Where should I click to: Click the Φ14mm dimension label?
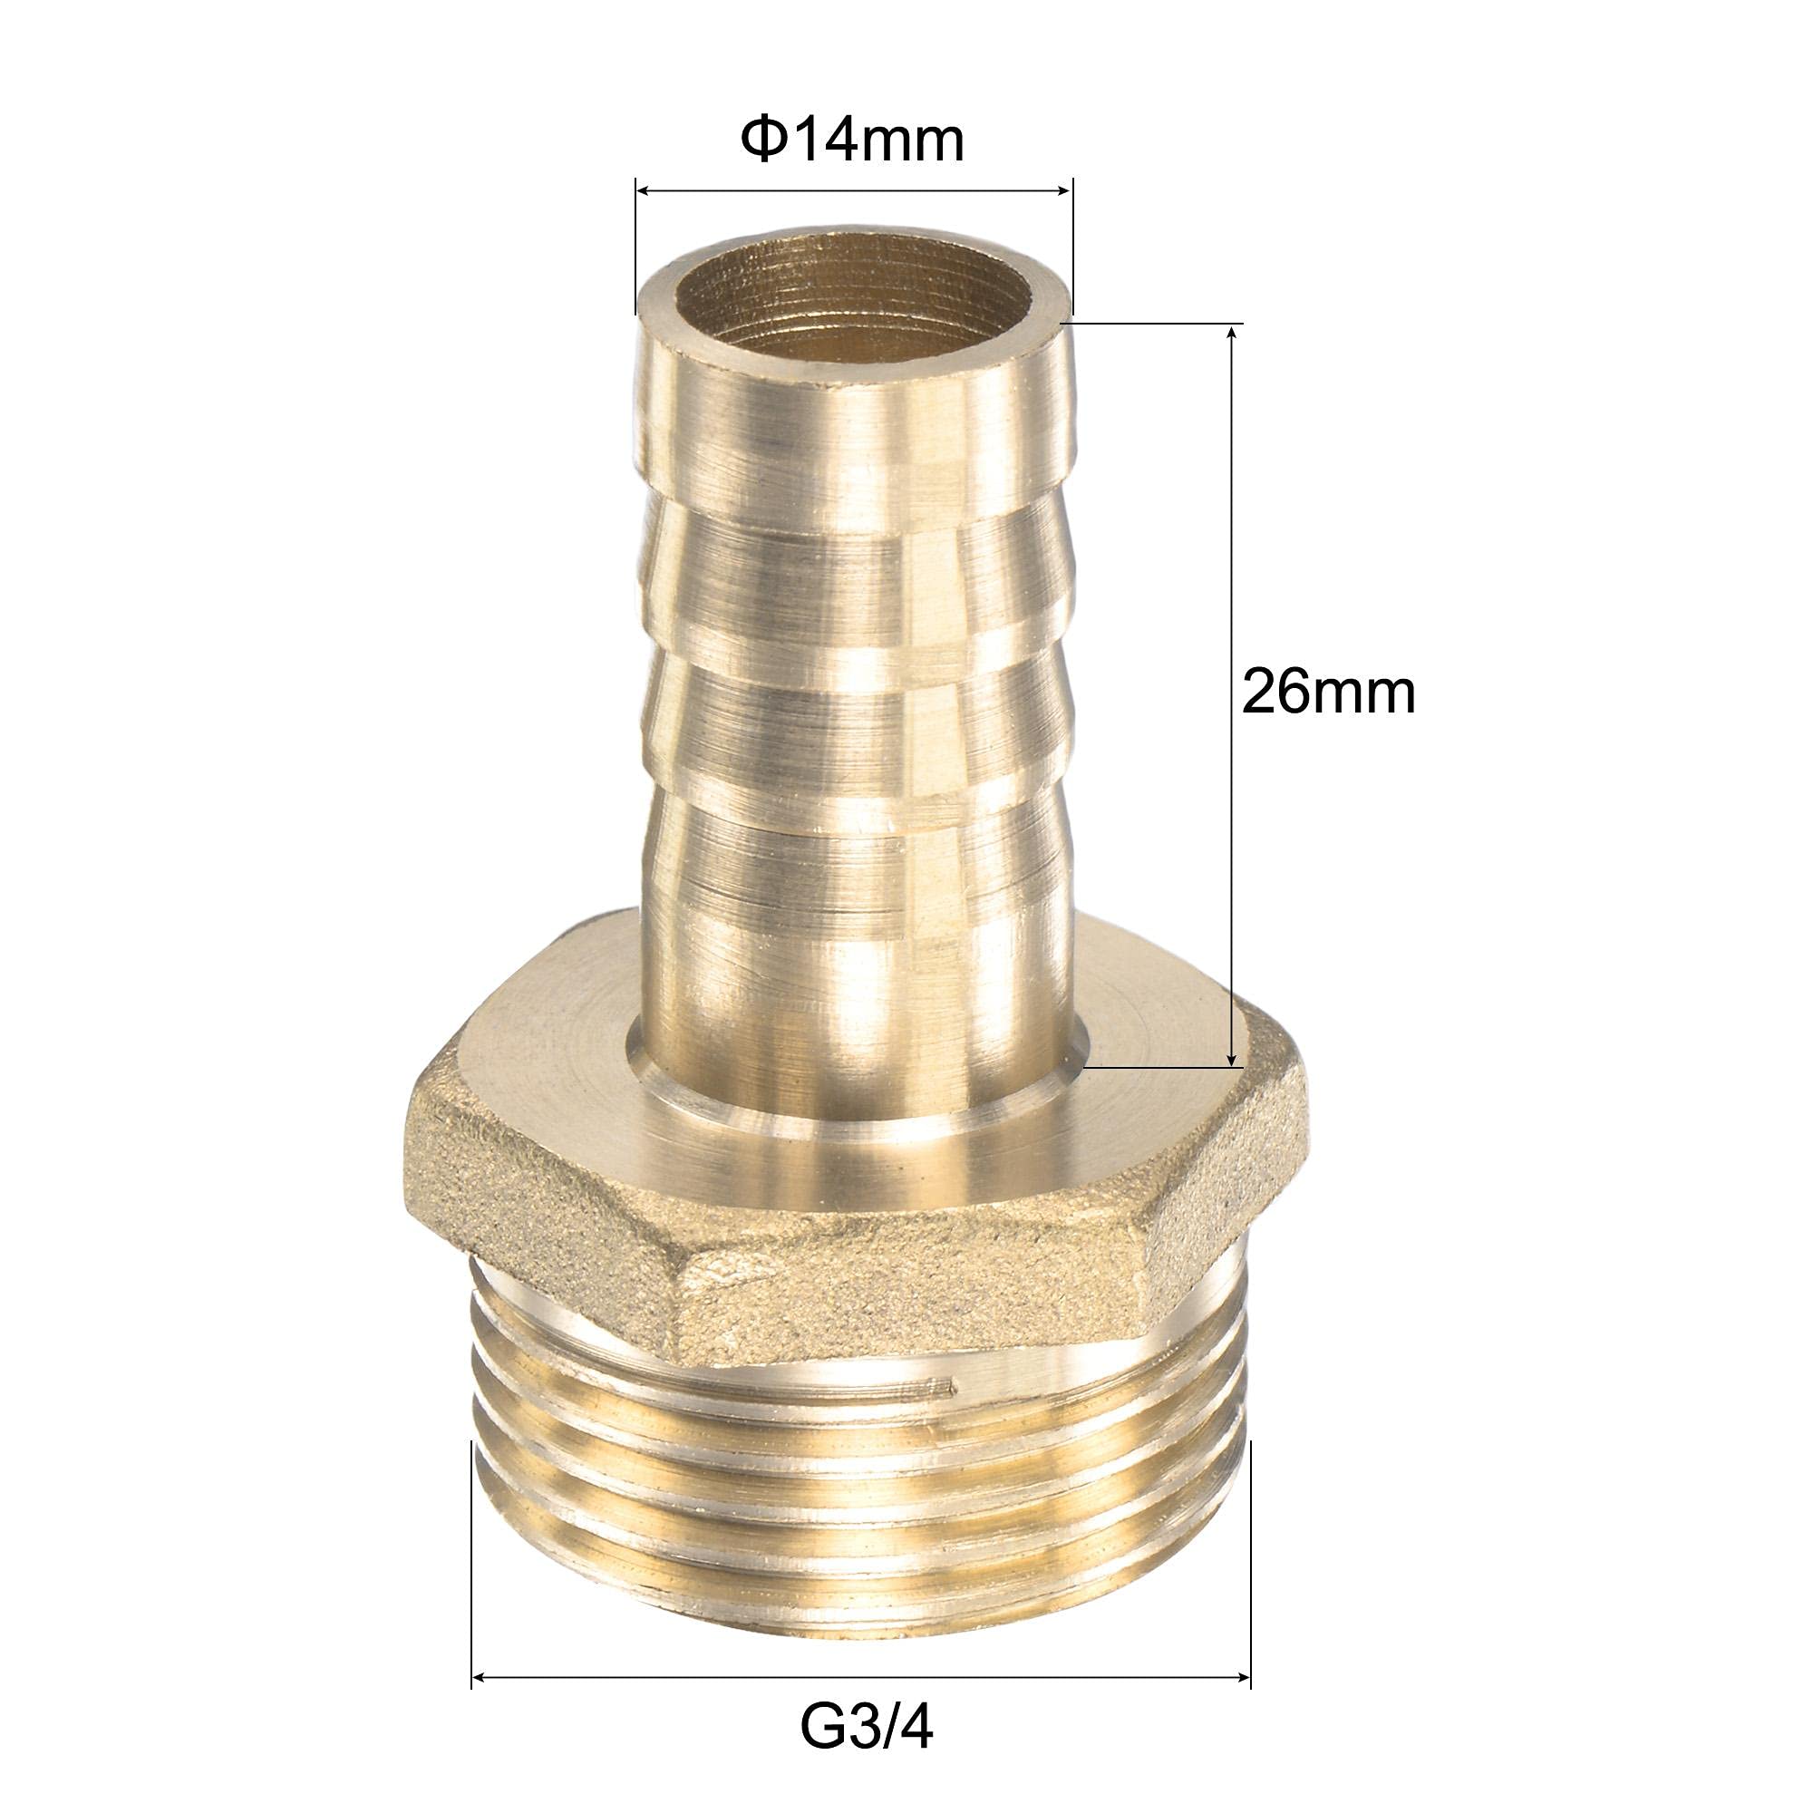point(852,141)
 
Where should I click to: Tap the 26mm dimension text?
point(1327,693)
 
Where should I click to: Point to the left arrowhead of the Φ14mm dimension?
point(645,190)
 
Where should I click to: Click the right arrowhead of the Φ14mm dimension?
point(1062,190)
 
